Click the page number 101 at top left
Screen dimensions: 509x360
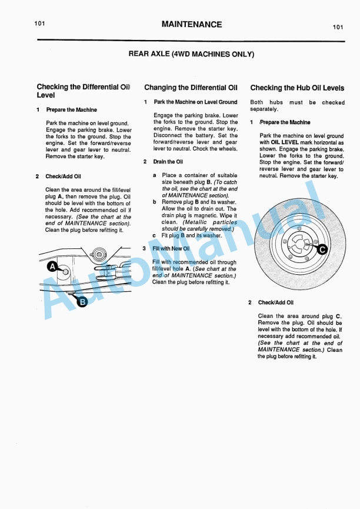[39, 23]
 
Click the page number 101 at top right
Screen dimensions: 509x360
[338, 26]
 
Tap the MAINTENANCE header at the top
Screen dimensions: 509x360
[191, 25]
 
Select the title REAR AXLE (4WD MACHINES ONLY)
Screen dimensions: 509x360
[191, 54]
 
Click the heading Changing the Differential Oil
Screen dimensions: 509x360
[191, 87]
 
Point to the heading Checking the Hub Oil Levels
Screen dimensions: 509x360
[297, 88]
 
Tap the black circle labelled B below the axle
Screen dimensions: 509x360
[82, 302]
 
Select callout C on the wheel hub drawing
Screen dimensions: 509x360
[322, 249]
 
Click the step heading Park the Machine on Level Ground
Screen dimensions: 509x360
[187, 102]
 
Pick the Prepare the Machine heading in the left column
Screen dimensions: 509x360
[71, 109]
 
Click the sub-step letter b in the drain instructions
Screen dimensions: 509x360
[155, 202]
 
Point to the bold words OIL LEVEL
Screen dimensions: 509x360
[287, 142]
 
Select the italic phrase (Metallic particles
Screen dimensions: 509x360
[209, 222]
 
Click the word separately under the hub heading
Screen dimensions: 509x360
[264, 109]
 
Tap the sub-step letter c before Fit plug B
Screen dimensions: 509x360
[154, 235]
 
